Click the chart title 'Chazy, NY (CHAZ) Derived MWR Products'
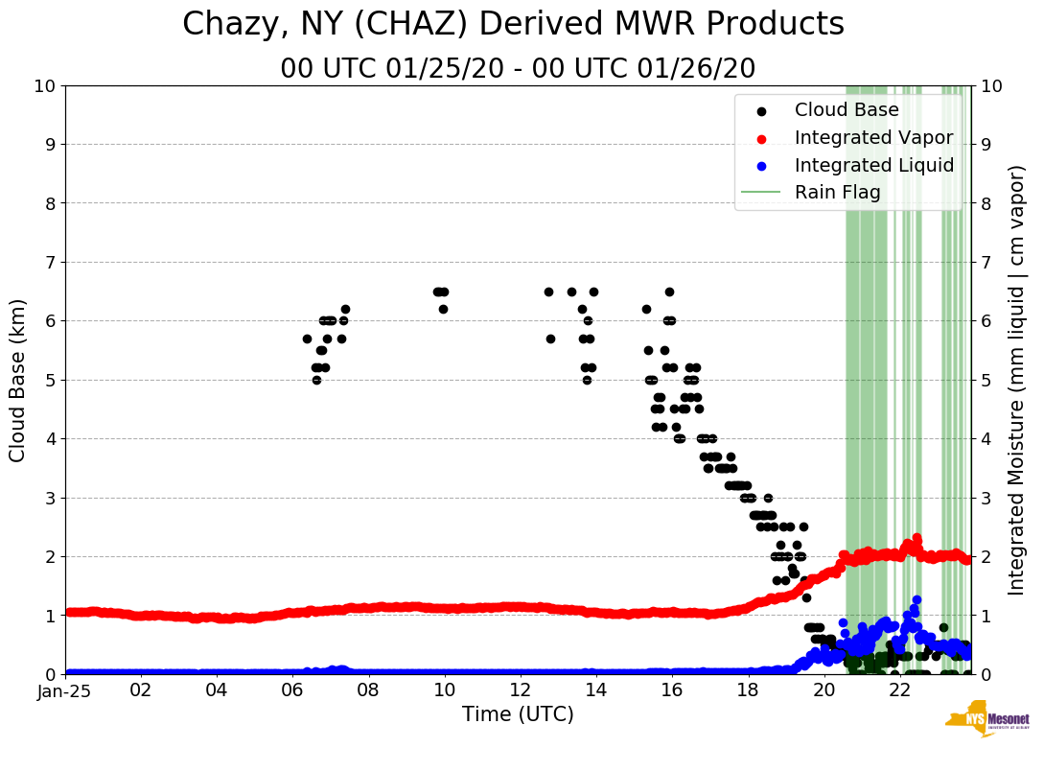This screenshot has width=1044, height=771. click(x=513, y=24)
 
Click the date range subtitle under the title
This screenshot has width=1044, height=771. click(x=518, y=69)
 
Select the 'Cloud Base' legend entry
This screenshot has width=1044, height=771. click(x=847, y=110)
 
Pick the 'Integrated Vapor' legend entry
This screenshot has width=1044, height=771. click(x=873, y=138)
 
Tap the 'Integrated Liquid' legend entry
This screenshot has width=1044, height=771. click(x=873, y=165)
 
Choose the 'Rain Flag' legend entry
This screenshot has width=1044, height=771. click(x=837, y=193)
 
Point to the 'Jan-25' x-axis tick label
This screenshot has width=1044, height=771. click(x=65, y=690)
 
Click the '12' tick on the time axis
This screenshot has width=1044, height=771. click(x=521, y=690)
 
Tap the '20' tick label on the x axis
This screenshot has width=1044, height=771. click(x=824, y=690)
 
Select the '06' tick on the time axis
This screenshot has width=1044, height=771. click(x=292, y=690)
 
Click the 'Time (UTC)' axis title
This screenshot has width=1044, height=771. click(x=518, y=715)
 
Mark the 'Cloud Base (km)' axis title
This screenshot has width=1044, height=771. click(x=18, y=379)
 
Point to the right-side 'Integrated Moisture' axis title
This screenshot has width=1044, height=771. click(x=1017, y=379)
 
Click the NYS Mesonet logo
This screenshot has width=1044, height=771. click(x=986, y=722)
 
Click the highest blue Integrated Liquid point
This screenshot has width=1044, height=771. click(x=916, y=600)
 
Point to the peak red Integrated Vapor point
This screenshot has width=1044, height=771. click(x=916, y=538)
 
